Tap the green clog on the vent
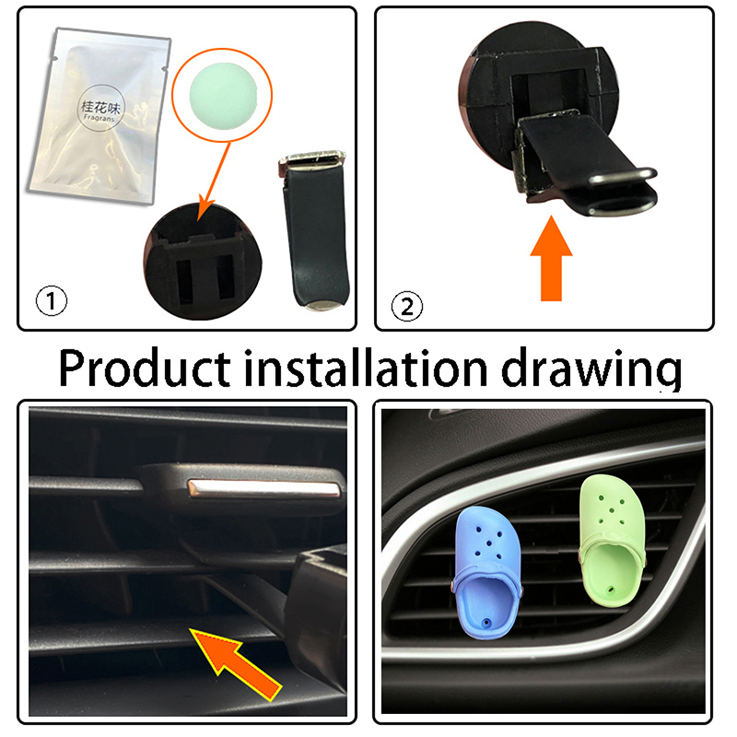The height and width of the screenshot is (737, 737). (x=612, y=541)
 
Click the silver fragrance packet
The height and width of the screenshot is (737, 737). (x=99, y=115)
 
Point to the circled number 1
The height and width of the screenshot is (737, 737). (x=52, y=301)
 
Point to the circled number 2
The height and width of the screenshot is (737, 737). (x=407, y=307)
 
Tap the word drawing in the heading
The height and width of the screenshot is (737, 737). (x=591, y=370)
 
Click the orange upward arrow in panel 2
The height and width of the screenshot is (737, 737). (x=551, y=258)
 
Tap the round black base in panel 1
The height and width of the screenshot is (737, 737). (x=203, y=261)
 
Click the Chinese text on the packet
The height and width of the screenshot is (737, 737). (x=100, y=108)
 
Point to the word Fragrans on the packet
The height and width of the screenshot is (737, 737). (x=99, y=118)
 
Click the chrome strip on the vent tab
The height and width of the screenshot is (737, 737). (x=263, y=489)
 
